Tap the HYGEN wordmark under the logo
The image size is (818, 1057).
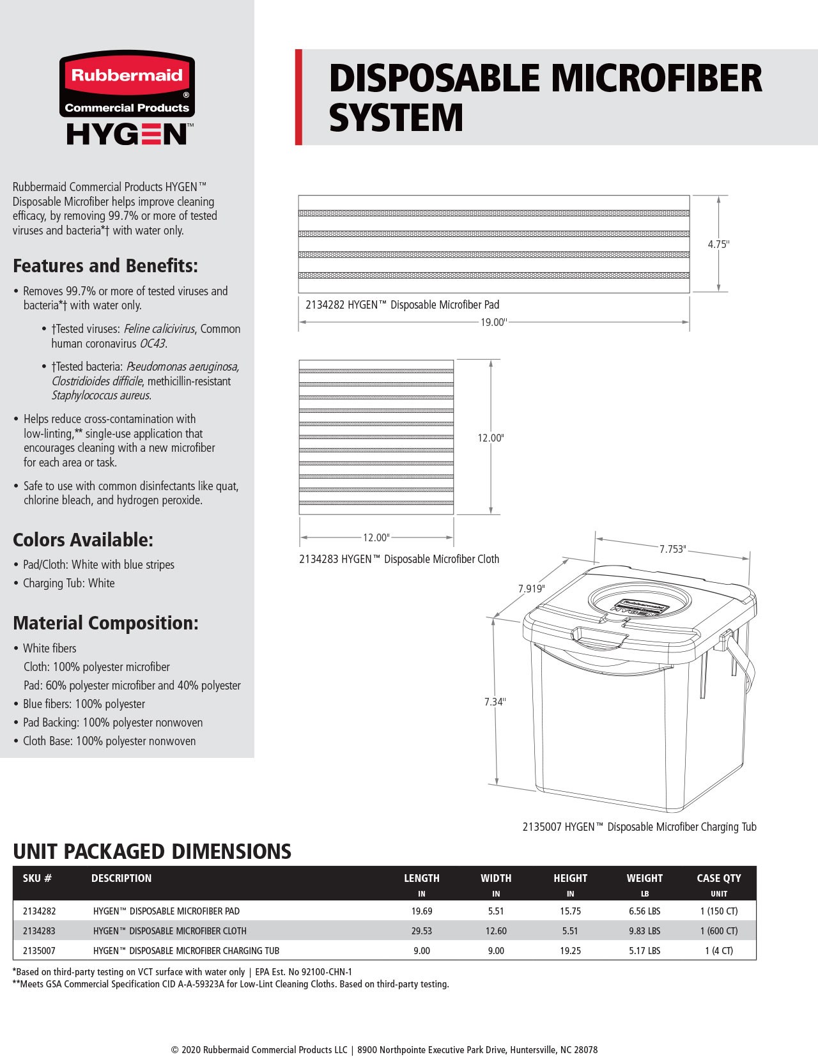tap(127, 134)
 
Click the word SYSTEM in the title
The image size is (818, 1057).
tap(396, 118)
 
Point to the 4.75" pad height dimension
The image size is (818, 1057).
tap(718, 244)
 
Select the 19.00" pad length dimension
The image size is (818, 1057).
tap(493, 322)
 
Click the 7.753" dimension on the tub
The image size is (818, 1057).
tap(672, 549)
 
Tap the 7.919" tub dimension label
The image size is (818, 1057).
tap(531, 589)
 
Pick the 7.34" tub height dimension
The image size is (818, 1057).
tap(495, 702)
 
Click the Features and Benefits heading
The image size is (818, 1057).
tap(105, 266)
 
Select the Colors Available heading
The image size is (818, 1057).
tap(83, 540)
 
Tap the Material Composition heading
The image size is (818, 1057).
tap(105, 623)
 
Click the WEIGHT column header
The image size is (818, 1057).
tap(644, 878)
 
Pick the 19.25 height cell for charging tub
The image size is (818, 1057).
tap(570, 951)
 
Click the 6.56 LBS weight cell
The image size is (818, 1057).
tap(644, 911)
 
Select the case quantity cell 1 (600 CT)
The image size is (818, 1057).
tap(718, 931)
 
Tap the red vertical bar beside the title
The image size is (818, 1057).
tap(298, 97)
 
